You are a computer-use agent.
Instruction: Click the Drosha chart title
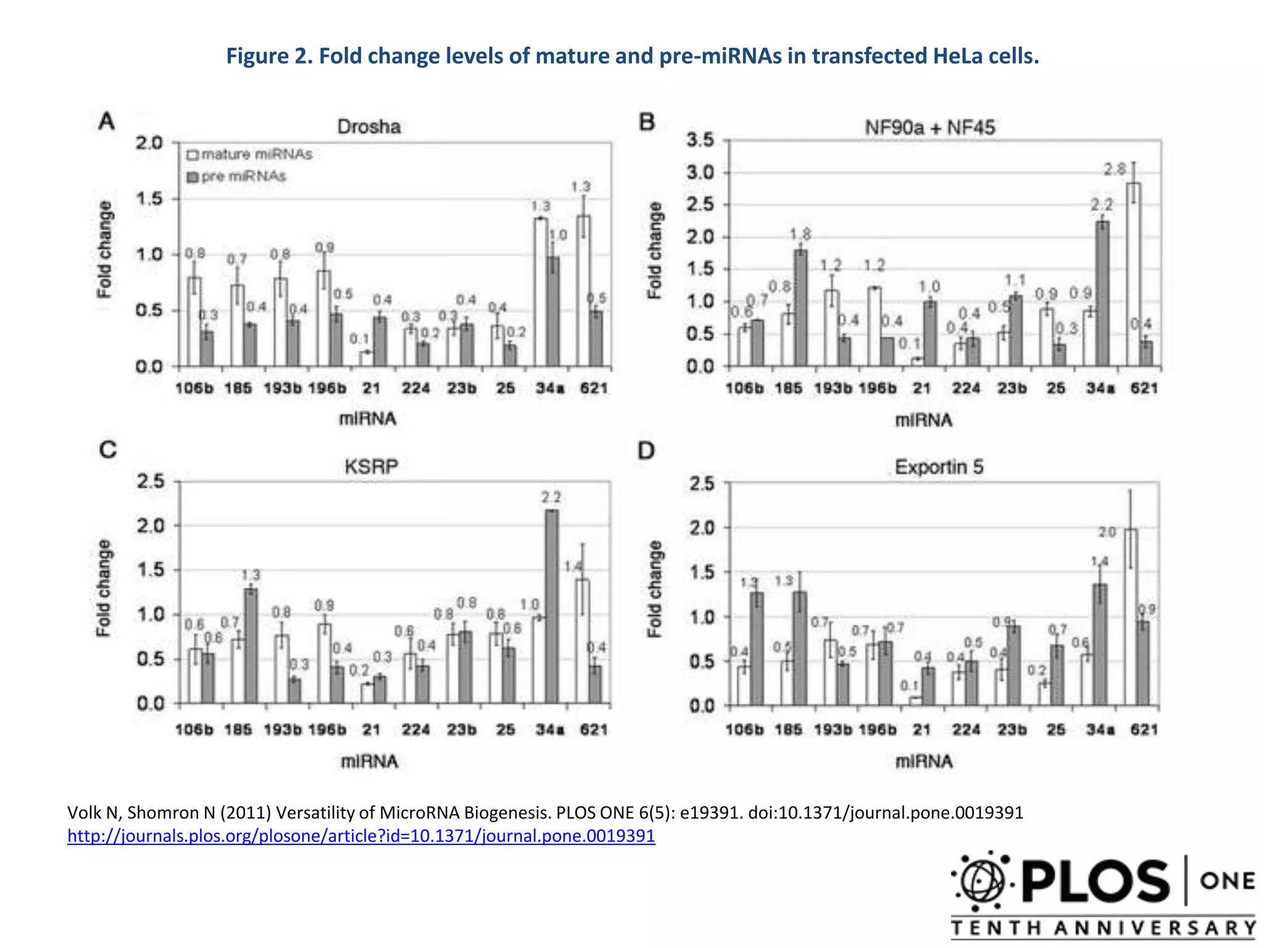368,127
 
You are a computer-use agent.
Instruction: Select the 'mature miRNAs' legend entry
250,154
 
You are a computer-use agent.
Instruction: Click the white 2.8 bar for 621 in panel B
1133,275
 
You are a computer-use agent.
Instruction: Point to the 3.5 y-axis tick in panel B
700,140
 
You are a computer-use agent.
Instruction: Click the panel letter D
646,451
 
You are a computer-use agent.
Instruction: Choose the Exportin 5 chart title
939,467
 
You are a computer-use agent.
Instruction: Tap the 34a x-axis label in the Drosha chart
550,388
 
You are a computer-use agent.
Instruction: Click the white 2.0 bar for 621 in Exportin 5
1131,617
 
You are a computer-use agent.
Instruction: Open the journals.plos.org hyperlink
361,836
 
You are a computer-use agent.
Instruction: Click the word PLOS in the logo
1095,881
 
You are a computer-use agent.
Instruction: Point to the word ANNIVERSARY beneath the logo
1155,928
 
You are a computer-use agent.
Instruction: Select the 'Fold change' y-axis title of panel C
104,588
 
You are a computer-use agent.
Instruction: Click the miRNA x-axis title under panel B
924,420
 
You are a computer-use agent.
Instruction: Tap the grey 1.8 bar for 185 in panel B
800,309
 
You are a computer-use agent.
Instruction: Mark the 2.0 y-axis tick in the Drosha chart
149,143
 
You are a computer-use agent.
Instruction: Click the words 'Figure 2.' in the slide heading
268,56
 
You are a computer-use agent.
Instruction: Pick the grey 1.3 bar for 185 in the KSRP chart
251,646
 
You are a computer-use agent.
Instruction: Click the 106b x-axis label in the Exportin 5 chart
744,730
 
